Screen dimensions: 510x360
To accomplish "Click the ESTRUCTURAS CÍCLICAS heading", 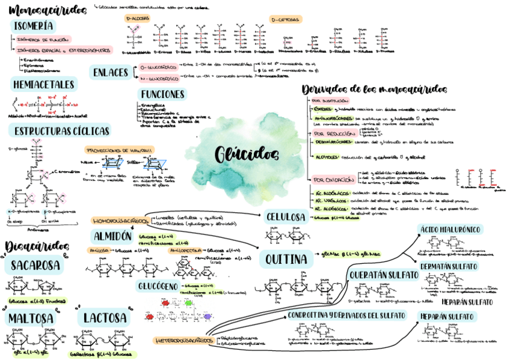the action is coord(59,130).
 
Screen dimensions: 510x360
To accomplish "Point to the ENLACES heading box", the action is coord(110,72).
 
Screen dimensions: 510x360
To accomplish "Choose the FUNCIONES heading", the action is coord(162,94).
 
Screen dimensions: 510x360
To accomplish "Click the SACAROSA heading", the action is coord(35,265).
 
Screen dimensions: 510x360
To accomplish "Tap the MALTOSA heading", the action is coord(31,318).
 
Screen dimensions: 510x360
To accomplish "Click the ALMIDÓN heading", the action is coord(112,235).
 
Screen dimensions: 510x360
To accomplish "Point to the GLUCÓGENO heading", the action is coord(157,285).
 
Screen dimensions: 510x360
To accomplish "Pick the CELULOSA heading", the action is coord(286,216).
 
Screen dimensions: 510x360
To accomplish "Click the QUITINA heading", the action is coord(286,260).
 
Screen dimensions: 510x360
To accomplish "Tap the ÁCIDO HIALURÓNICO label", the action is coord(450,229).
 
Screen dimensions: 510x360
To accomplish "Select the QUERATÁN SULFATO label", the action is coord(383,275).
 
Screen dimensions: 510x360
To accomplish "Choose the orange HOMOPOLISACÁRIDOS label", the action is coord(121,221).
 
